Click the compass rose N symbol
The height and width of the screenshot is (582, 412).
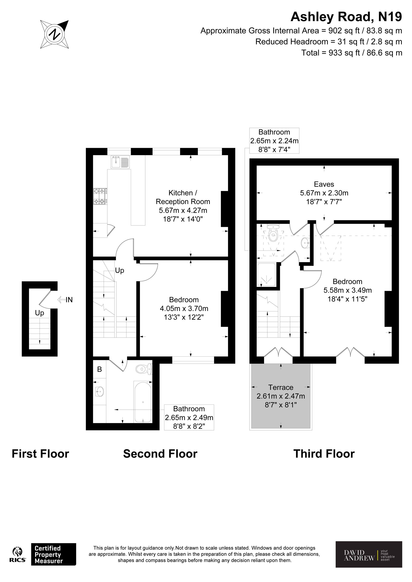(55, 34)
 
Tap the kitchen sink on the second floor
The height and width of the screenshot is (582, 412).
(120, 162)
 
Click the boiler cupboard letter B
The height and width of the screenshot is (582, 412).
(99, 369)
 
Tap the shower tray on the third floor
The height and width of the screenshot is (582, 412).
(266, 275)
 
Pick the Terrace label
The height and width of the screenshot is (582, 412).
(281, 387)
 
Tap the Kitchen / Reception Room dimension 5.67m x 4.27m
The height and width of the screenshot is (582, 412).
(183, 210)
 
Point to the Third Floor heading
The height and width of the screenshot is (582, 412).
(324, 454)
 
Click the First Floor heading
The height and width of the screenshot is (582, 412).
(40, 454)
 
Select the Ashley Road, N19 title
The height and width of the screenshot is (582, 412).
(346, 17)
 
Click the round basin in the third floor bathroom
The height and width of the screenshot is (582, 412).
(305, 243)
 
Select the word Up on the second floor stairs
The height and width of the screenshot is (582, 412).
(119, 271)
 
